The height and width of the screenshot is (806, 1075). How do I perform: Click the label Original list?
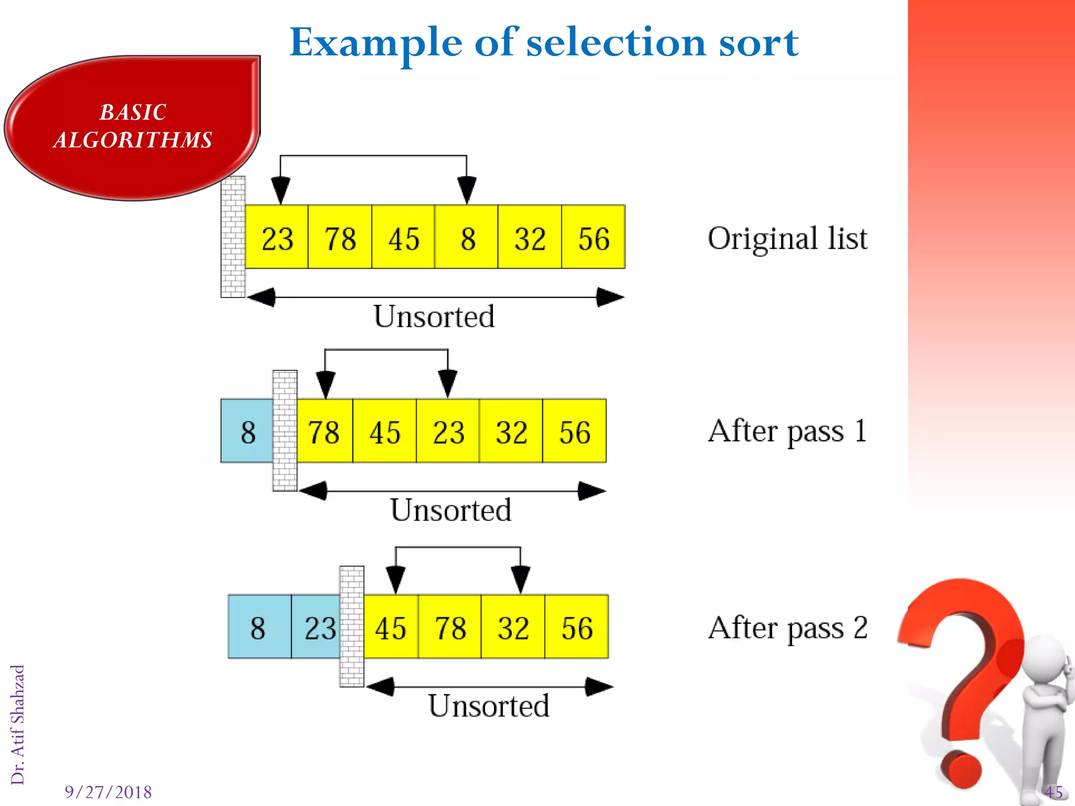[x=787, y=239]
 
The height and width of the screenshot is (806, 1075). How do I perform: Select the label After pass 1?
[x=787, y=432]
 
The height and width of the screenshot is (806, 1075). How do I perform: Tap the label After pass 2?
[x=787, y=628]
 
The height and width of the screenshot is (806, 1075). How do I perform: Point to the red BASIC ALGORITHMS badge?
[x=133, y=127]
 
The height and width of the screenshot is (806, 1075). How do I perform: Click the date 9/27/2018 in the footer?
[x=108, y=792]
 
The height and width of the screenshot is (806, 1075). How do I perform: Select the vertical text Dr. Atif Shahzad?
[x=18, y=724]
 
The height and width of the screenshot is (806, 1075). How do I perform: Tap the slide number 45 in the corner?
[x=1053, y=792]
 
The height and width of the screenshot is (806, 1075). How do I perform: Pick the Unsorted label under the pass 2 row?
[x=489, y=706]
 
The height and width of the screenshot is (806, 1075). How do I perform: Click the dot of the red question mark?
[x=961, y=770]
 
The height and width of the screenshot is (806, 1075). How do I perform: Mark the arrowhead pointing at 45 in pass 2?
[x=395, y=580]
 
